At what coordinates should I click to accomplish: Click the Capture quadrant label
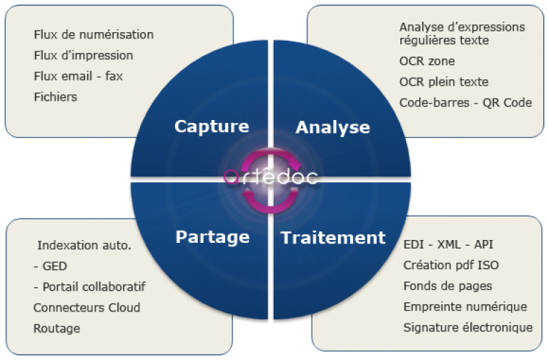212,126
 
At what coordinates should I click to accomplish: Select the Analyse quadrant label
332,128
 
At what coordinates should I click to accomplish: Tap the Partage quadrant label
212,236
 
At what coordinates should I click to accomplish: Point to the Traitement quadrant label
332,237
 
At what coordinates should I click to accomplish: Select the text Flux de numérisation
94,34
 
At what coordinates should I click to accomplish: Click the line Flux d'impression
83,55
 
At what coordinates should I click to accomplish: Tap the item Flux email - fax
78,76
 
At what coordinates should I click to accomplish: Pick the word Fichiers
55,96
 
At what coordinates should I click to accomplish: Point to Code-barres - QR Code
465,102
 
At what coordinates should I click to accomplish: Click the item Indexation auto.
84,246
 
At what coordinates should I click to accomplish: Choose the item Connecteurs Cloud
86,308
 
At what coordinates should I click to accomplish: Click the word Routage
56,329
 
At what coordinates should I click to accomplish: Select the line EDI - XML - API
448,244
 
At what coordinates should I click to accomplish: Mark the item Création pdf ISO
451,265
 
